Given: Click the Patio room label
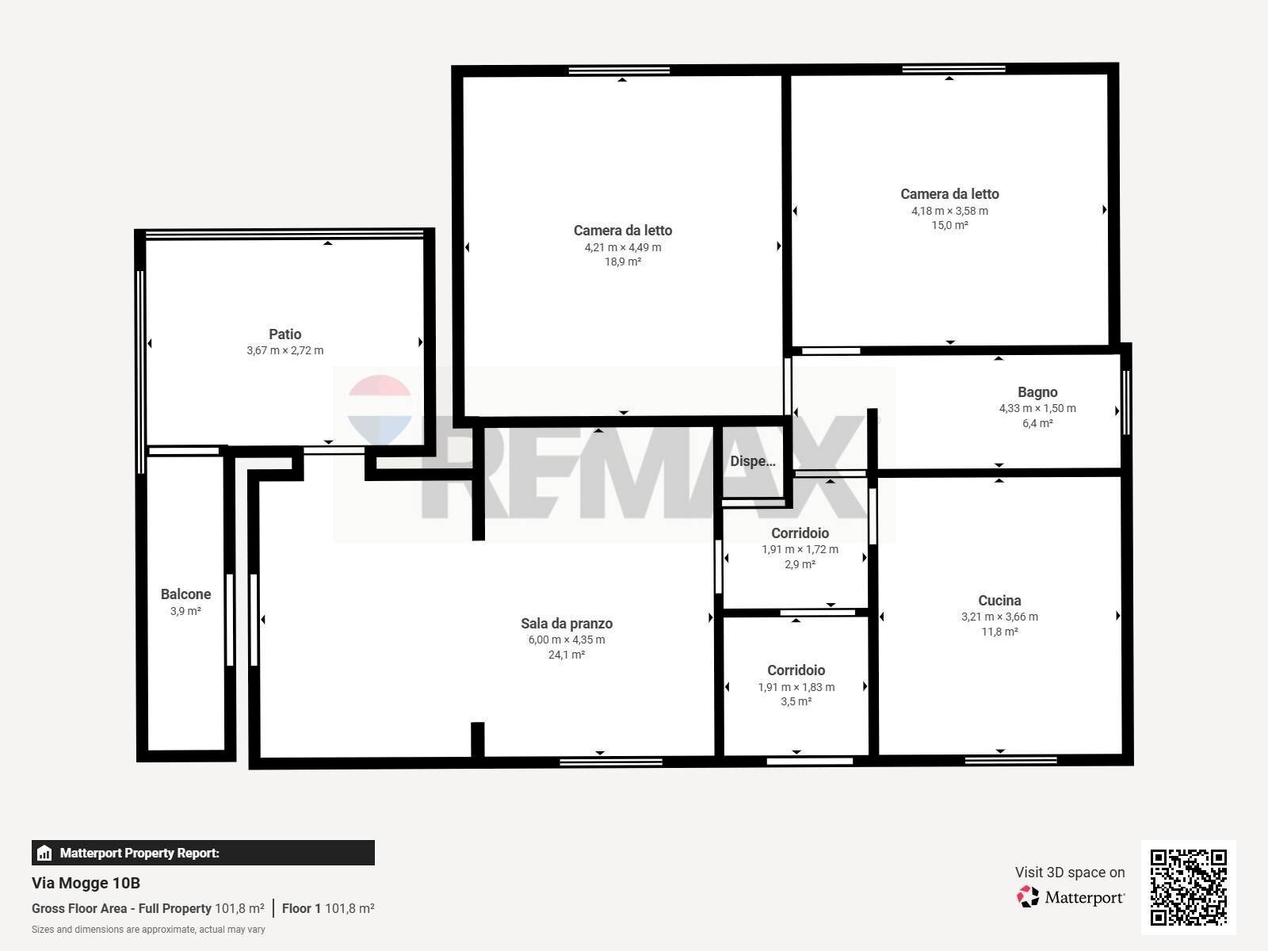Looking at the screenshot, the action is click(285, 334).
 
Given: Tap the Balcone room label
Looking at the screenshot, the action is click(185, 594).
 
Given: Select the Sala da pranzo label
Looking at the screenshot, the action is click(567, 624).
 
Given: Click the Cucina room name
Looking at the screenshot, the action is click(999, 601).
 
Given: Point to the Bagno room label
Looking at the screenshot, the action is click(1037, 392).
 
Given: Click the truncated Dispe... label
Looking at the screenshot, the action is click(753, 461).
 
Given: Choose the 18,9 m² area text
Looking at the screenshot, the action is click(623, 262).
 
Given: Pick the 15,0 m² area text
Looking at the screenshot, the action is click(949, 225).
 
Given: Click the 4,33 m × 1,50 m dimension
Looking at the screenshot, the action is click(1037, 408).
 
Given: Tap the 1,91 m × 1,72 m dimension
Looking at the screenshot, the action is click(800, 549).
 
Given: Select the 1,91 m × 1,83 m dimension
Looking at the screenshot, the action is click(796, 687).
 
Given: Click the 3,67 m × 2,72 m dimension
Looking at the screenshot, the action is click(285, 350).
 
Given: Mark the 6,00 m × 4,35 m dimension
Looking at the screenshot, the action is click(567, 640).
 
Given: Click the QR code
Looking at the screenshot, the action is click(1188, 888).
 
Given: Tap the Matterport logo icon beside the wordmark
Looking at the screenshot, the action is click(1028, 897).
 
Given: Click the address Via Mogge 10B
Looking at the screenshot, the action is click(86, 884).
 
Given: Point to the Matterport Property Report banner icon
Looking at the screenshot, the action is click(44, 853).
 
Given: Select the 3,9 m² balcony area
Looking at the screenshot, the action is click(185, 611).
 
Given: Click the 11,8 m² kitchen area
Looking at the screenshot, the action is click(999, 632).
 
